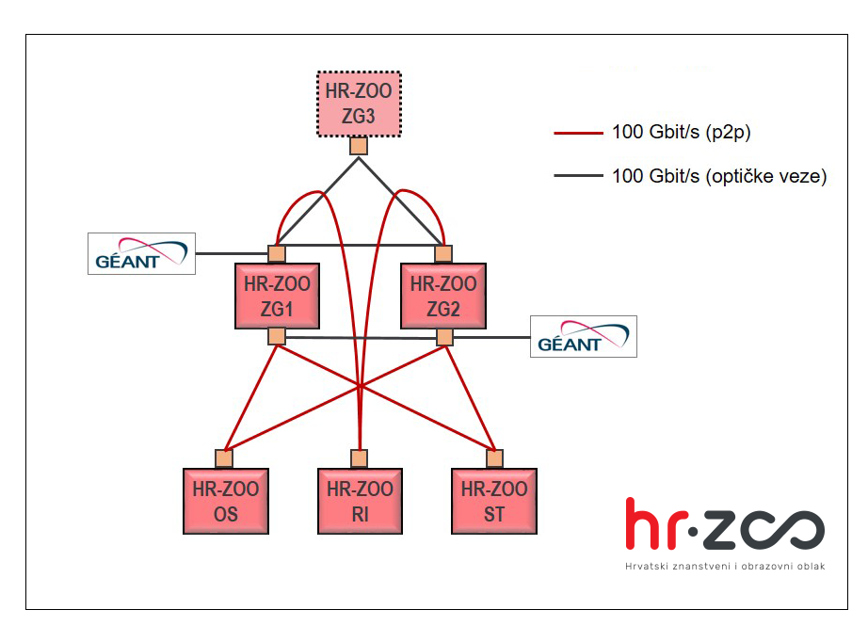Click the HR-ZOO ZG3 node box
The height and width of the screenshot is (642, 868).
tap(359, 104)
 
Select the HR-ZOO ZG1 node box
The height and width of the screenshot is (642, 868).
tap(276, 296)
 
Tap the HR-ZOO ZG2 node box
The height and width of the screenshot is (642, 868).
tap(443, 296)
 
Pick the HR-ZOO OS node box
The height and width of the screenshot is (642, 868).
tap(225, 501)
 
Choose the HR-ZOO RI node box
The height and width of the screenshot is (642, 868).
tap(360, 501)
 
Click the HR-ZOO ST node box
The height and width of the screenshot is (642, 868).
tap(494, 501)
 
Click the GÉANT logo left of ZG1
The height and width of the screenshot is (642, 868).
tap(141, 253)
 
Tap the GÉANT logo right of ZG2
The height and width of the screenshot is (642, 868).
tap(583, 336)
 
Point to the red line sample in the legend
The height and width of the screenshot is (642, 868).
tap(578, 133)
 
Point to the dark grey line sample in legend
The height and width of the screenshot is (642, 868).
tap(578, 176)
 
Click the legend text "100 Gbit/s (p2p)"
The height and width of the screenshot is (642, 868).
tap(681, 133)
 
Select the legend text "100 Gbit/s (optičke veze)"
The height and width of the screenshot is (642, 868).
tap(718, 176)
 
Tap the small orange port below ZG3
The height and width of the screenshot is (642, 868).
tap(359, 146)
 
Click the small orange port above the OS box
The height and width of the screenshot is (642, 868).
tap(224, 458)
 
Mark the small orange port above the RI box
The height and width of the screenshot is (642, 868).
tap(359, 458)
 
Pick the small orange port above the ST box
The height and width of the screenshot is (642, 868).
tap(494, 458)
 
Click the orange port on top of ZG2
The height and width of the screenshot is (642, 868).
tap(443, 253)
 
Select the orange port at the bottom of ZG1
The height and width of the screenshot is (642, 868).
tap(276, 336)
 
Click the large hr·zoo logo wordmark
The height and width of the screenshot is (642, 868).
tap(725, 526)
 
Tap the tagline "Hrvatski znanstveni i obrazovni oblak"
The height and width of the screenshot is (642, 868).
tap(725, 567)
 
